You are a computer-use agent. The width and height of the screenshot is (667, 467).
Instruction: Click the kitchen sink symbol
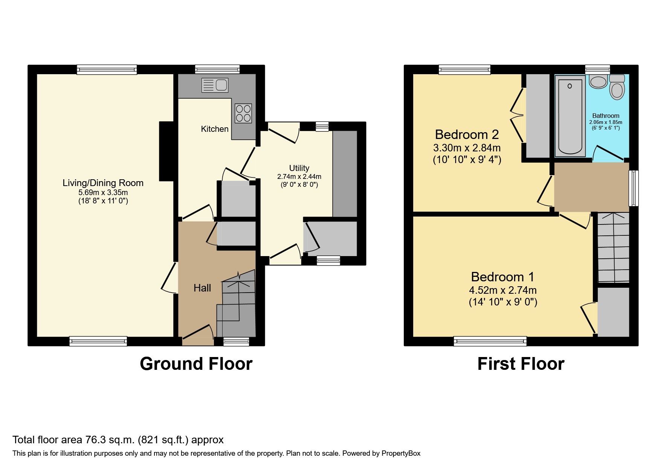[x=215, y=85]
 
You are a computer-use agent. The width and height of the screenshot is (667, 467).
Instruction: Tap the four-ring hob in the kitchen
[x=243, y=113]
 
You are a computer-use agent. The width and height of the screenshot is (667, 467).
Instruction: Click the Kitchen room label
[x=215, y=129]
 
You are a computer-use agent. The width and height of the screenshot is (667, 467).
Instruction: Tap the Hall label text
[x=202, y=288]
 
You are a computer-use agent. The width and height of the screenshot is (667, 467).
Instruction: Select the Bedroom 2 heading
[x=467, y=134]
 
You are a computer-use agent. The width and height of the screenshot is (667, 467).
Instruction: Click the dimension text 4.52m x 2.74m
[x=502, y=290]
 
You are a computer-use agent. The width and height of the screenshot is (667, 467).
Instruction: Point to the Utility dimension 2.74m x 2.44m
[x=299, y=177]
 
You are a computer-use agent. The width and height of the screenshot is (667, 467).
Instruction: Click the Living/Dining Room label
[x=103, y=183]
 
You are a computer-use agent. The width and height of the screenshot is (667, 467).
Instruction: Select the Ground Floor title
[x=196, y=364]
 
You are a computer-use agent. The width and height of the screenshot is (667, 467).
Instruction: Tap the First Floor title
[x=520, y=364]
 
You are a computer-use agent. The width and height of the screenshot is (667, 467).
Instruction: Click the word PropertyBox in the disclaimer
[x=401, y=453]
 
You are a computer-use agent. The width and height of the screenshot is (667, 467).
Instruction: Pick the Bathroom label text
[x=606, y=116]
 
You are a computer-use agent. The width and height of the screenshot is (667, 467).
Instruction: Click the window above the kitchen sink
[x=217, y=69]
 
